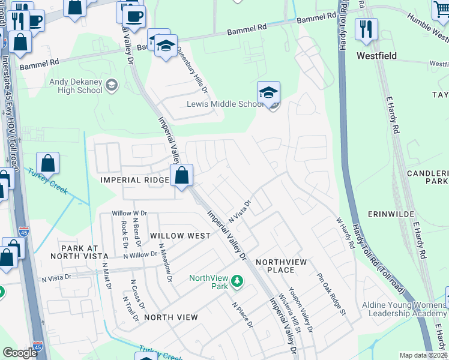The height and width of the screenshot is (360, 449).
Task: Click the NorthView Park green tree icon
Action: [238, 280]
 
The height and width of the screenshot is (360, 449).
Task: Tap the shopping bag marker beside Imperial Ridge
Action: [181, 176]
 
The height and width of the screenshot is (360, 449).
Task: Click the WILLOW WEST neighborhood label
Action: [180, 236]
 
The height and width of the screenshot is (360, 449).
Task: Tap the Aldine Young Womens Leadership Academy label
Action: [404, 309]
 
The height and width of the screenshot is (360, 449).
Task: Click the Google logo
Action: [20, 353]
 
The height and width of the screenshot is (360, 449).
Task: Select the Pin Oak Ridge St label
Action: [332, 293]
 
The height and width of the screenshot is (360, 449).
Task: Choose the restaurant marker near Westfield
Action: [365, 29]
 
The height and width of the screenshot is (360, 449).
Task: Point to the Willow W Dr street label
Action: [129, 214]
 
